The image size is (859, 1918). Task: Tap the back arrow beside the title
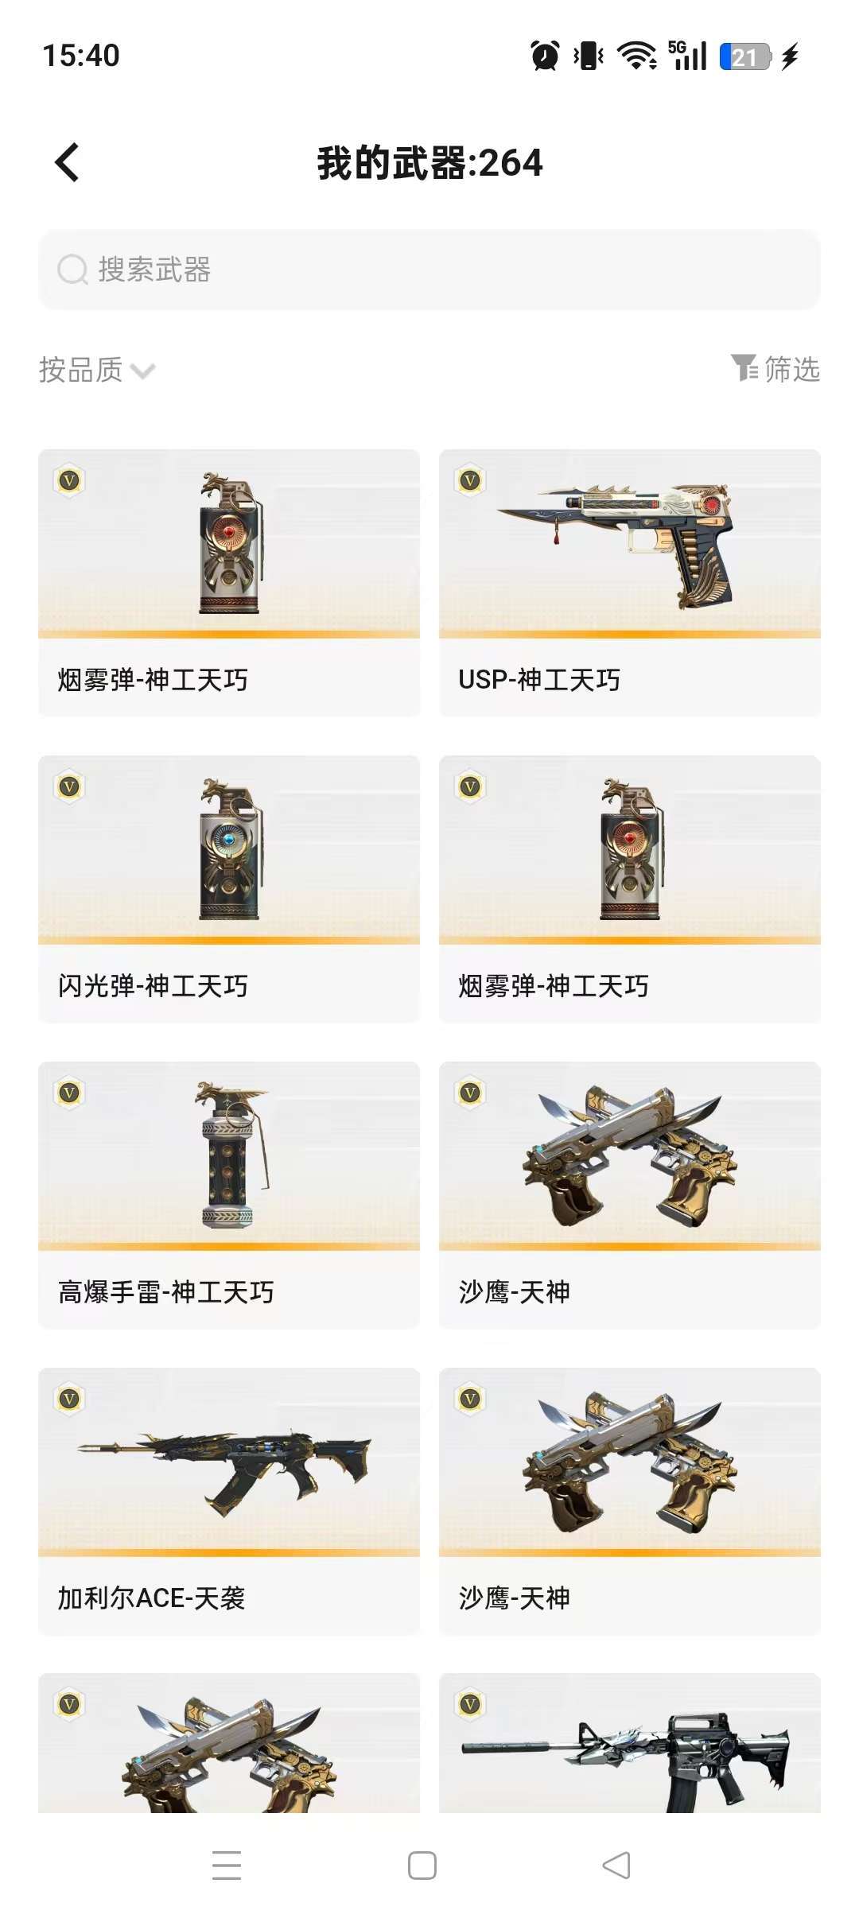click(67, 163)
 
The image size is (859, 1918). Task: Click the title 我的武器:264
click(429, 163)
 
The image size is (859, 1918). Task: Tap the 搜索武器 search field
click(429, 270)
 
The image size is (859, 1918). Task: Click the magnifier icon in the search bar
click(72, 270)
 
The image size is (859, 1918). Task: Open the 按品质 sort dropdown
click(97, 370)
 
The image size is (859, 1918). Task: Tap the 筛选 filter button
click(775, 369)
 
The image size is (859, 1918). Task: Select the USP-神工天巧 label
click(539, 680)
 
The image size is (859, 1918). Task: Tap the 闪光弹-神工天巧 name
click(153, 986)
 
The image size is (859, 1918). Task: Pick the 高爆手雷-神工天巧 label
click(166, 1292)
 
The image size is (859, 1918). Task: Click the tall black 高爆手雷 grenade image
click(231, 1155)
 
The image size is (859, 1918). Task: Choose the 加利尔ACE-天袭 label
click(151, 1598)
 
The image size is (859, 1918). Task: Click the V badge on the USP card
click(470, 480)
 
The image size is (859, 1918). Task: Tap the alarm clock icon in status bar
click(545, 56)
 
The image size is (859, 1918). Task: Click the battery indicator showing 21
click(745, 56)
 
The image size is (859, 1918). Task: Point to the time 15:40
click(81, 56)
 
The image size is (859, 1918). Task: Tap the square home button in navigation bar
click(422, 1866)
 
